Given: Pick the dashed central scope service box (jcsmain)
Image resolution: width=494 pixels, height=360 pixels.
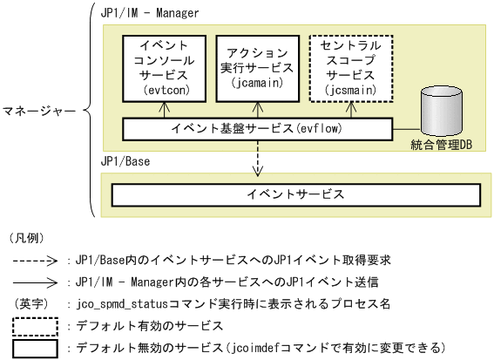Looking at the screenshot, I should [349, 65].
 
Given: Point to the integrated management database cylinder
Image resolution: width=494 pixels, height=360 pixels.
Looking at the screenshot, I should [441, 112].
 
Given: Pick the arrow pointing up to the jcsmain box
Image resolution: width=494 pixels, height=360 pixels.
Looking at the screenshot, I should [349, 108].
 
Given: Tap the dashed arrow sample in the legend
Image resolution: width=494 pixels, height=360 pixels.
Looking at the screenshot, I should [35, 260].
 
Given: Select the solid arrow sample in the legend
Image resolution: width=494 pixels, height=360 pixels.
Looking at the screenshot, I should [35, 282].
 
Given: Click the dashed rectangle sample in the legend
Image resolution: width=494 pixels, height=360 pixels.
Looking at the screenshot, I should [36, 327].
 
